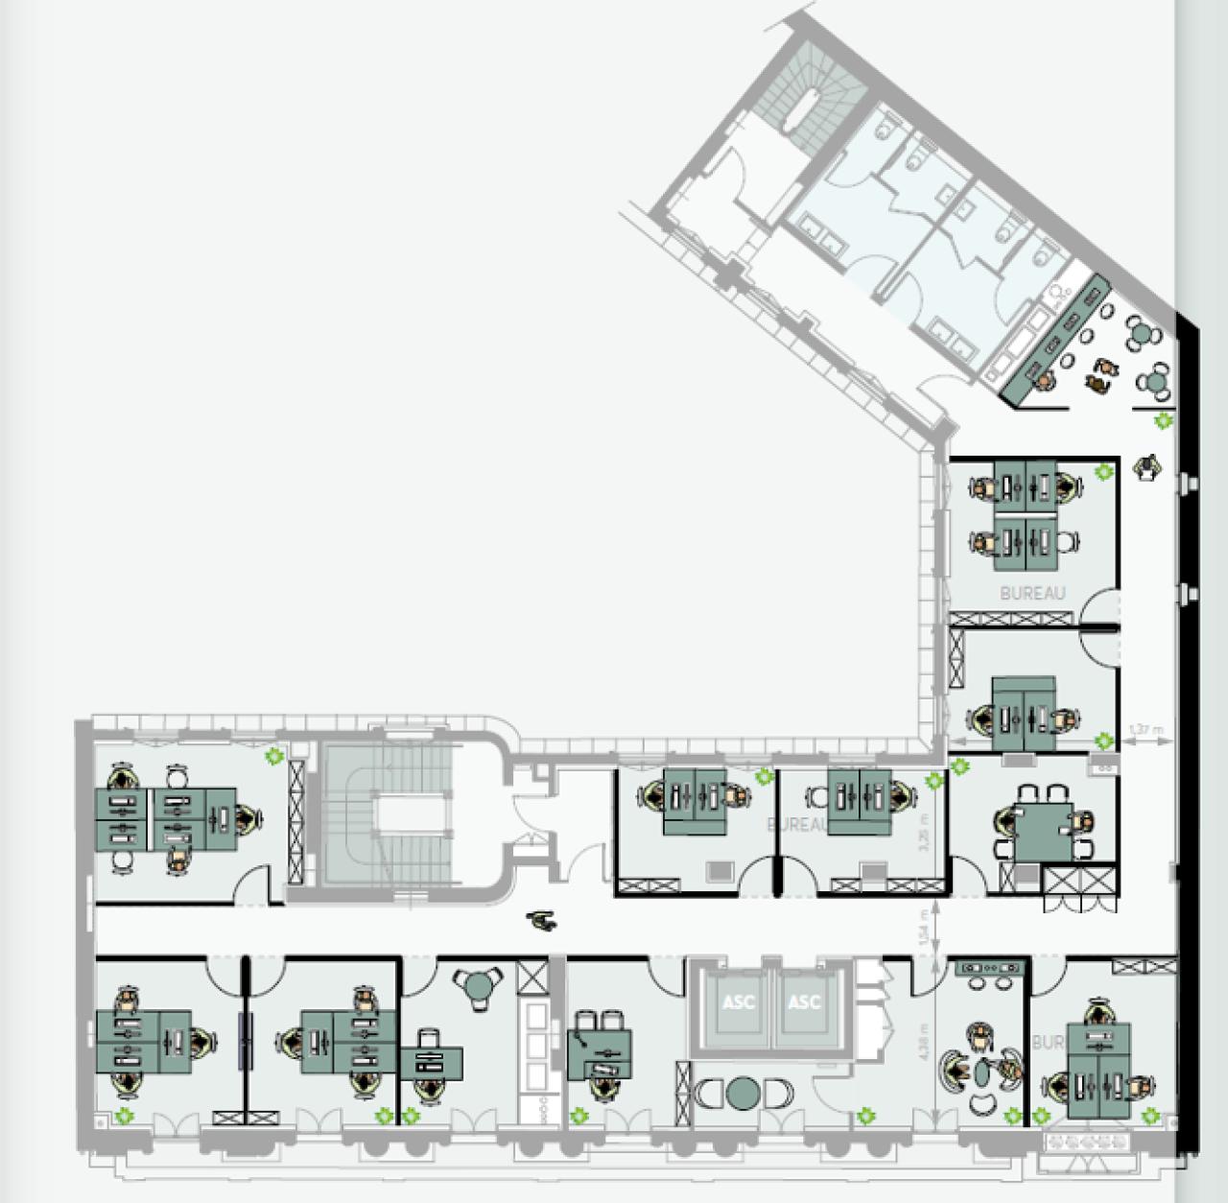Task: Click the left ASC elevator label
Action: pos(738,1002)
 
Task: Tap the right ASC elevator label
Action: pos(804,1002)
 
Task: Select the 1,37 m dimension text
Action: pos(1145,730)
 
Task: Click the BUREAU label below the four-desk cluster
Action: pos(1032,594)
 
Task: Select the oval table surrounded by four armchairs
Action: pos(980,1072)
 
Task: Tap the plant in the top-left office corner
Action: pos(273,757)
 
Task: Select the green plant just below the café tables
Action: pos(1164,420)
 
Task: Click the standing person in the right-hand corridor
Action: pos(1147,467)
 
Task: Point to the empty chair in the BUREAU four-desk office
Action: pos(1065,544)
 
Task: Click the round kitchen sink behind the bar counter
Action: pos(1055,290)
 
